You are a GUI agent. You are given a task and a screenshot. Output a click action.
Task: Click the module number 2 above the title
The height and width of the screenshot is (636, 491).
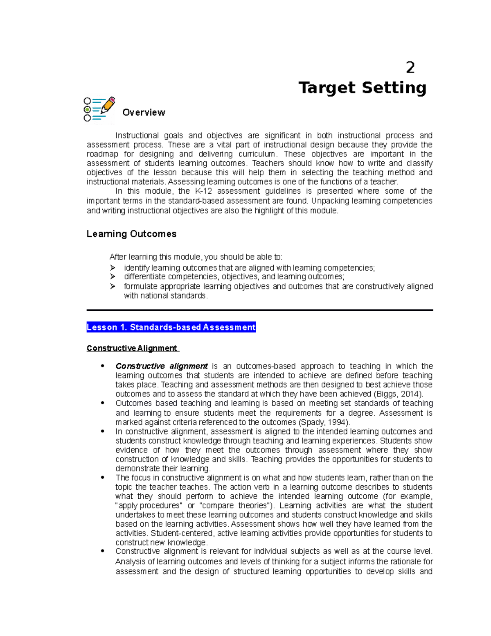pyautogui.click(x=410, y=68)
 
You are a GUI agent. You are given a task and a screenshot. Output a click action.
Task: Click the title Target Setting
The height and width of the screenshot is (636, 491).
pyautogui.click(x=362, y=88)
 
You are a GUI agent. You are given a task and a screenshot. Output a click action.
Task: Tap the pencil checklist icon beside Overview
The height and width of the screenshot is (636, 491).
pyautogui.click(x=99, y=109)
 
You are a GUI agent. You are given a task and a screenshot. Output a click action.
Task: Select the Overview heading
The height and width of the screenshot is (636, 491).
pyautogui.click(x=144, y=113)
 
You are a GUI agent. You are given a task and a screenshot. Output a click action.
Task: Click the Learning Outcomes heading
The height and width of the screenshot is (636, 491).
pyautogui.click(x=131, y=234)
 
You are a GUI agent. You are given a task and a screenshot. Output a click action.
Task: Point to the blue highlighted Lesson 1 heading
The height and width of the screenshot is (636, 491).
pyautogui.click(x=171, y=327)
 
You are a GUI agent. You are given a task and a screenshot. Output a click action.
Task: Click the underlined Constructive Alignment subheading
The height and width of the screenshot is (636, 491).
pyautogui.click(x=132, y=349)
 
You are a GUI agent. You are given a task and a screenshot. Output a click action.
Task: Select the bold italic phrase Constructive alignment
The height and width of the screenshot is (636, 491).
pyautogui.click(x=162, y=366)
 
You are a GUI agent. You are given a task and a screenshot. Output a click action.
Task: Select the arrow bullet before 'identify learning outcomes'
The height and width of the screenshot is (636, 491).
pyautogui.click(x=113, y=268)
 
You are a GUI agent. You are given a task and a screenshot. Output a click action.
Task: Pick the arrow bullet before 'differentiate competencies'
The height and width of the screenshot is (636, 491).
pyautogui.click(x=113, y=277)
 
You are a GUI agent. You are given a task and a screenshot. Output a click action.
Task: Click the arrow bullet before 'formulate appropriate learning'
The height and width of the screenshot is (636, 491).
pyautogui.click(x=113, y=286)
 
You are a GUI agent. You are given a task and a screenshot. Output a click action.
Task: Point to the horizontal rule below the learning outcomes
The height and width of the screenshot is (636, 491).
pyautogui.click(x=259, y=310)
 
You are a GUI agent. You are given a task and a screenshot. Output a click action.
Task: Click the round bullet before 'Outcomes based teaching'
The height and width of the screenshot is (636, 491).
pyautogui.click(x=103, y=403)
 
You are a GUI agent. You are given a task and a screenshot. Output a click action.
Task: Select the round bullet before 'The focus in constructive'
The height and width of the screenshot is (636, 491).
pyautogui.click(x=103, y=478)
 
